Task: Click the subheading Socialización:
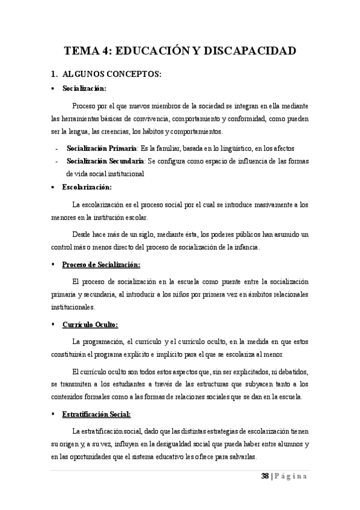pyautogui.click(x=84, y=89)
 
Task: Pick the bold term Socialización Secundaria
pyautogui.click(x=105, y=161)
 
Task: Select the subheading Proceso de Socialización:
pyautogui.click(x=101, y=265)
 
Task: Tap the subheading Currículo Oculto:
pyautogui.click(x=90, y=325)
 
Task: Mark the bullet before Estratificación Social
pyautogui.click(x=54, y=414)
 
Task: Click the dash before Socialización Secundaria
pyautogui.click(x=56, y=161)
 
